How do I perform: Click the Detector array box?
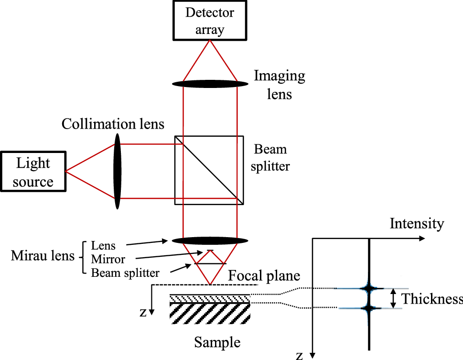click(x=210, y=20)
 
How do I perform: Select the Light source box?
click(x=33, y=172)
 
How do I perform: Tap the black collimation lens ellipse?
click(x=118, y=171)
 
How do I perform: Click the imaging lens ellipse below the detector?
click(x=210, y=84)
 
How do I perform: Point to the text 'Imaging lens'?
click(x=280, y=85)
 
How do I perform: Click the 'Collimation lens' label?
click(x=113, y=124)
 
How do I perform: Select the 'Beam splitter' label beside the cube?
click(x=270, y=158)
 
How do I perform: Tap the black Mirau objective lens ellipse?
click(x=210, y=240)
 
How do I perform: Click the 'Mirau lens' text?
click(x=43, y=257)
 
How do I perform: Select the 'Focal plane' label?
click(x=264, y=276)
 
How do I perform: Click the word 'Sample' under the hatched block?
click(x=217, y=342)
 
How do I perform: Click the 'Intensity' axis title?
click(x=417, y=223)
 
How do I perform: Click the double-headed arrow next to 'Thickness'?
click(x=393, y=298)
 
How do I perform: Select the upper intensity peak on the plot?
click(x=369, y=288)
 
